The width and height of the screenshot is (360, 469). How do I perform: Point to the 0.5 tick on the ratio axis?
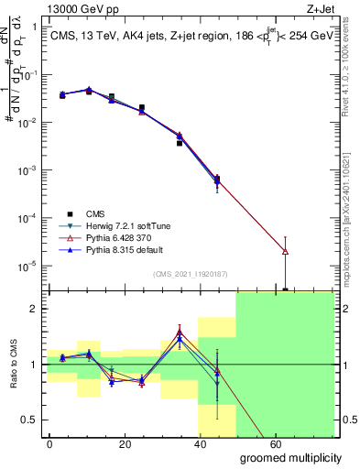[29, 420]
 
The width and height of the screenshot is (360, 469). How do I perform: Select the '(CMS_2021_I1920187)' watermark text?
[191, 274]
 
